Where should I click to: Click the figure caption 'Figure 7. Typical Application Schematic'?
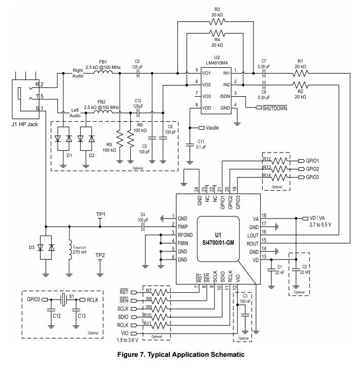pyautogui.click(x=180, y=354)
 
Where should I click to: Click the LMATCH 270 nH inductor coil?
pyautogui.click(x=69, y=250)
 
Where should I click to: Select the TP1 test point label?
pyautogui.click(x=101, y=214)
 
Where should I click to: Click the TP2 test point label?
pyautogui.click(x=100, y=255)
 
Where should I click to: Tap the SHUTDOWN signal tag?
pyautogui.click(x=274, y=108)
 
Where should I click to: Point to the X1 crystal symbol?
pyautogui.click(x=63, y=300)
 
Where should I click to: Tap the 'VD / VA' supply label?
pyautogui.click(x=319, y=218)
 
